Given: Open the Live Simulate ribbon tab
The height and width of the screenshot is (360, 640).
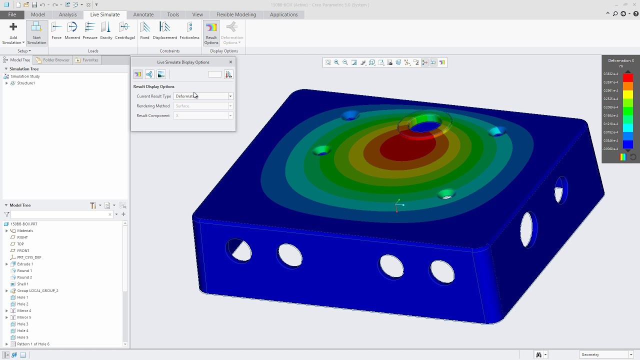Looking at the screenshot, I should coord(104,14).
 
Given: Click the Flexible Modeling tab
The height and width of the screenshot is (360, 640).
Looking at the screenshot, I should coord(236,14).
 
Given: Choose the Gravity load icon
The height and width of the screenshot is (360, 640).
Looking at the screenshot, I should coord(106,31).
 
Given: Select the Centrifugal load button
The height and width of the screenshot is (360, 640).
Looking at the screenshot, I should coord(124,31).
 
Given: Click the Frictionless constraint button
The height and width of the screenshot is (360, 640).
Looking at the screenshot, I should coord(189,31).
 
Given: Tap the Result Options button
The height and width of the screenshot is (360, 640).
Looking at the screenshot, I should coord(211,33).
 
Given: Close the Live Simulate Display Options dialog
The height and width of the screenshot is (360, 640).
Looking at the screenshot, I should coord(230,62).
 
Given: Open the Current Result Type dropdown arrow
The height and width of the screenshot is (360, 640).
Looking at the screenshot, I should coord(230,96).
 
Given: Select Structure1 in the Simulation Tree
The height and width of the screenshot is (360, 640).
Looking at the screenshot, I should coord(26,83).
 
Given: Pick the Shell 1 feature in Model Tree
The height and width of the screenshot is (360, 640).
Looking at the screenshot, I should coord(22,284).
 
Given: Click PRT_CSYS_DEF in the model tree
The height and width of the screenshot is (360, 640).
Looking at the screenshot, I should coord(29,257).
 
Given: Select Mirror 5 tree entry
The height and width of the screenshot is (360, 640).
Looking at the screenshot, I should coord(24,317).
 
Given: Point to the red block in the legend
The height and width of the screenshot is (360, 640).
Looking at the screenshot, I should coord(628,78).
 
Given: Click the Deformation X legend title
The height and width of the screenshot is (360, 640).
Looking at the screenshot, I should coord(620,60).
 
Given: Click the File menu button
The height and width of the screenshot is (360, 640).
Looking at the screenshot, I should coord(12,14).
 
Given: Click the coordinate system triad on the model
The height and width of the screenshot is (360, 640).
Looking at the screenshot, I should coord(398,205).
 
